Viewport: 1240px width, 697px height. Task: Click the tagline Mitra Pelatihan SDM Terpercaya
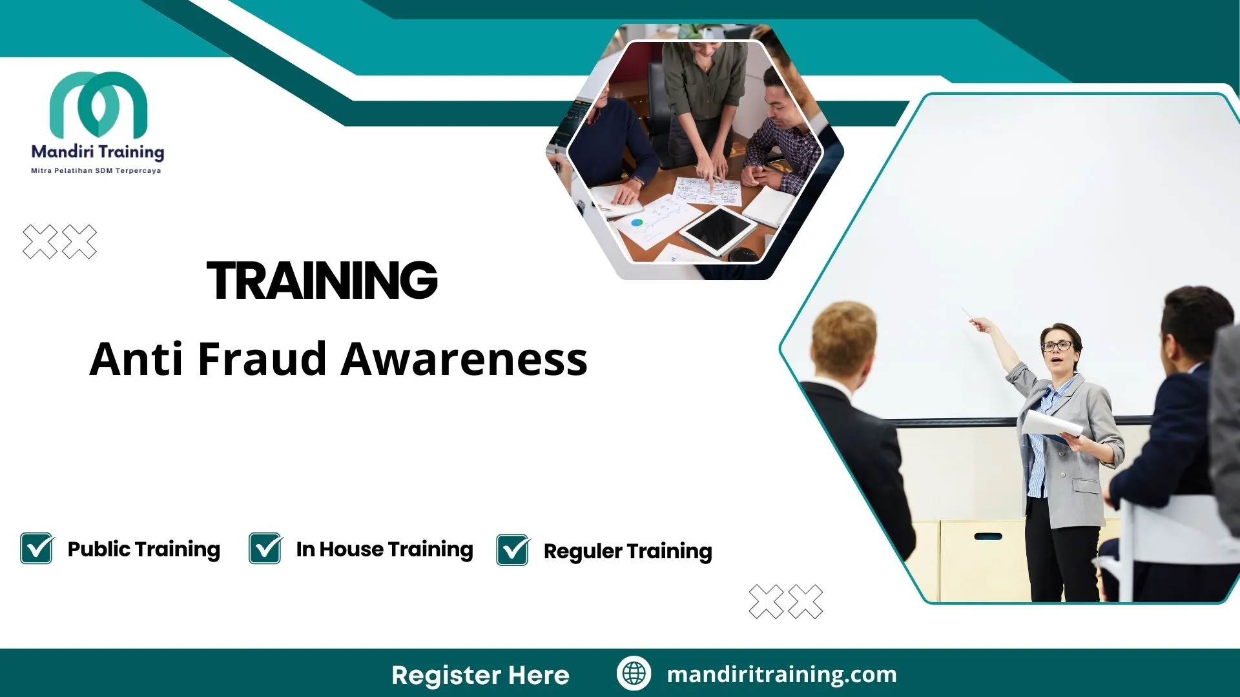point(96,171)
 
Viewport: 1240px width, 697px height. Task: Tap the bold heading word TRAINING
point(322,281)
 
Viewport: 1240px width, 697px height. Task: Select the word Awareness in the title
point(464,359)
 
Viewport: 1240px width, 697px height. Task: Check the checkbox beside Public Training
point(37,549)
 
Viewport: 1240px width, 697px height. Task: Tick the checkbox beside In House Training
point(265,549)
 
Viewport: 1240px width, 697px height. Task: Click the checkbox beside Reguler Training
point(513,550)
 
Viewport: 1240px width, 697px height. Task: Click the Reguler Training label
point(628,551)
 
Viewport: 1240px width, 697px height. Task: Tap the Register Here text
point(480,675)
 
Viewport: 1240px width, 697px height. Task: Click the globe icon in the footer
point(634,673)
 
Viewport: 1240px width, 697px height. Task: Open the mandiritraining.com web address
point(781,674)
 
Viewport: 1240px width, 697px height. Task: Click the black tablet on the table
point(718,230)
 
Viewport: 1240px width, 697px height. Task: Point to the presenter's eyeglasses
point(1058,346)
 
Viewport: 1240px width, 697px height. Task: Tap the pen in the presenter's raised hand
point(968,314)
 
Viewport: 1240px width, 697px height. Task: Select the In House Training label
point(384,549)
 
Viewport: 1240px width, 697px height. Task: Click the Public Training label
point(143,549)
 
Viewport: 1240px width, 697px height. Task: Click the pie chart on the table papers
point(637,223)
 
